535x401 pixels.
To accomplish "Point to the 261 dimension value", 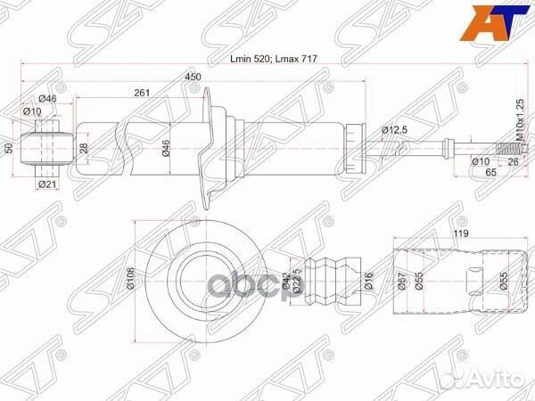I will tap(140, 93).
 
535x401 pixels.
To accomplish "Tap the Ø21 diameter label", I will tap(47, 184).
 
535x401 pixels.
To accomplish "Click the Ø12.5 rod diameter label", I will tap(394, 130).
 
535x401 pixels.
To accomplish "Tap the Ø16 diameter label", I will tap(368, 282).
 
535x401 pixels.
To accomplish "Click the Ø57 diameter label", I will tap(402, 282).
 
